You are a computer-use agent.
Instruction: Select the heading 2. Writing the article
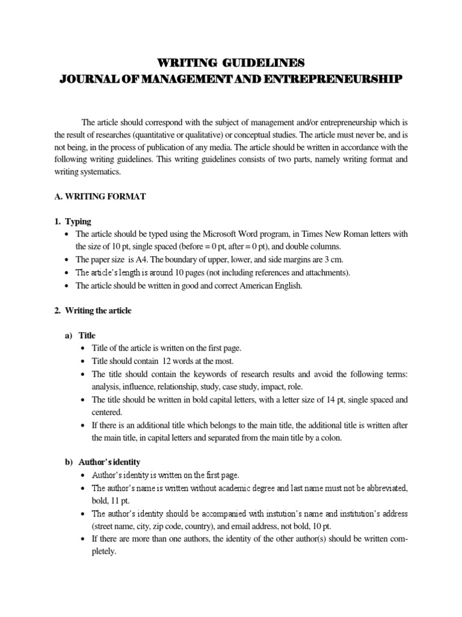point(97,311)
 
